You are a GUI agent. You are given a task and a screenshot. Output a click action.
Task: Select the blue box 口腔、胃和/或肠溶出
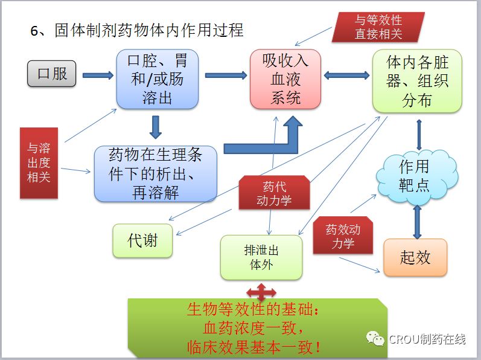click(157, 79)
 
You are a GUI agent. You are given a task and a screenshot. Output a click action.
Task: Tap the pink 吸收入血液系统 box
click(285, 79)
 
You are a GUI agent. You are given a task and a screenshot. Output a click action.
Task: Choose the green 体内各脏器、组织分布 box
click(417, 81)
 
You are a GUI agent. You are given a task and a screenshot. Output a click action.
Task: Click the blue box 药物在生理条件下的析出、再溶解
click(155, 173)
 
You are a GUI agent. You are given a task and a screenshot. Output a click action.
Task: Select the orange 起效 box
click(415, 257)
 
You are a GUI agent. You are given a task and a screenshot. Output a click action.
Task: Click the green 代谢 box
click(142, 240)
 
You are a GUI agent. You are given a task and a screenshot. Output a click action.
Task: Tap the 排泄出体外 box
click(261, 257)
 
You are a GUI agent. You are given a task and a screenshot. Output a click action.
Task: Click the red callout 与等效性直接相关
click(378, 27)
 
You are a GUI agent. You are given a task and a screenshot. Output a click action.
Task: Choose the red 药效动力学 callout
click(343, 236)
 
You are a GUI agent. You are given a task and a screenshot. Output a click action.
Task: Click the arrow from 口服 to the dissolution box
click(98, 76)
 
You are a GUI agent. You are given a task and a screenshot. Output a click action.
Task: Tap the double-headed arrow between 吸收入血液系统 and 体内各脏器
click(346, 76)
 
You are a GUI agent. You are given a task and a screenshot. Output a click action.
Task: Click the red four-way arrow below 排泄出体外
click(261, 293)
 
